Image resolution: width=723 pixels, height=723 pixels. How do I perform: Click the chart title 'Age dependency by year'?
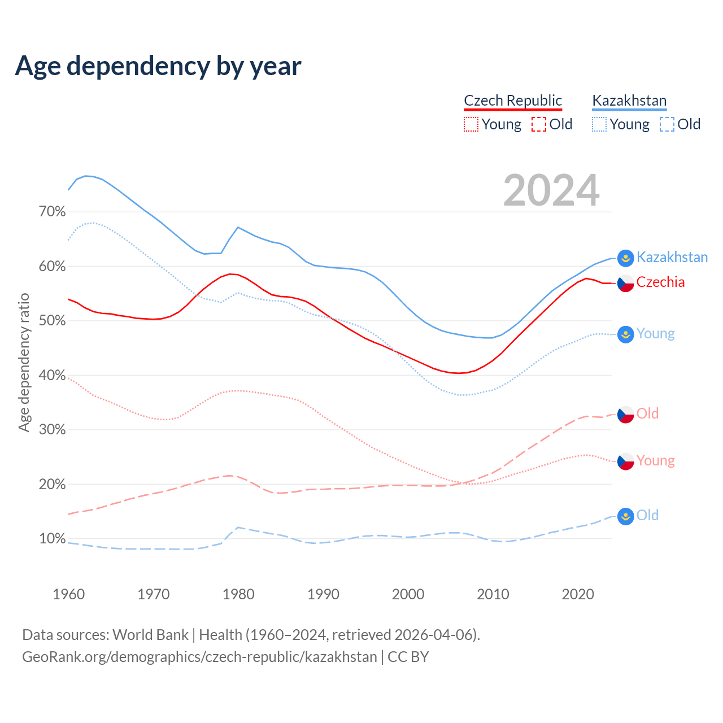(158, 66)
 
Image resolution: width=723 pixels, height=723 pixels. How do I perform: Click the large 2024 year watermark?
(551, 190)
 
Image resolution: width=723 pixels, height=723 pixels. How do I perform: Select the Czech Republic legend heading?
(513, 101)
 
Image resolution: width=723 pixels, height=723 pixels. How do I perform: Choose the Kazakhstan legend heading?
(629, 101)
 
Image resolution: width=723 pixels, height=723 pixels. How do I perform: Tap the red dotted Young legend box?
(471, 124)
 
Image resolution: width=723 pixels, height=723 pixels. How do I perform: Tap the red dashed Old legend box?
(539, 124)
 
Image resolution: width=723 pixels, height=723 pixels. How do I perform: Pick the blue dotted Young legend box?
(599, 124)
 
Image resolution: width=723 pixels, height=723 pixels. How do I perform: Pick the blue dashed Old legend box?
(667, 124)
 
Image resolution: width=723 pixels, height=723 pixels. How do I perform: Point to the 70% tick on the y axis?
(52, 212)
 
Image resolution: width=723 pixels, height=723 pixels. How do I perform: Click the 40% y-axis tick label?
(52, 375)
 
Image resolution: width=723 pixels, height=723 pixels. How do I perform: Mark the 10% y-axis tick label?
(52, 538)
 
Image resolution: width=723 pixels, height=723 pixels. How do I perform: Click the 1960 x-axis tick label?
(68, 594)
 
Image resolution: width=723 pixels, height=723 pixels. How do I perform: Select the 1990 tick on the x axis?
(323, 594)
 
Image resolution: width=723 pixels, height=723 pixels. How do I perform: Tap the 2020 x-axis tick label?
(578, 594)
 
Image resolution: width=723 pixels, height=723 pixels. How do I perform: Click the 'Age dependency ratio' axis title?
(24, 363)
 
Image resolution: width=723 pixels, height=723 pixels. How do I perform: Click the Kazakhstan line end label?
(672, 258)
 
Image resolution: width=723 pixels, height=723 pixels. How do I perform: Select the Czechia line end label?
(660, 282)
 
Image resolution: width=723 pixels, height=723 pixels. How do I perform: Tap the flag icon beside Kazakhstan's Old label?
(625, 516)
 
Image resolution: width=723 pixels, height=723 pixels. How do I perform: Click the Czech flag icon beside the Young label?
(625, 461)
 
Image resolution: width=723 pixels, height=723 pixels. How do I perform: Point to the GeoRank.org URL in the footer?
(199, 657)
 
